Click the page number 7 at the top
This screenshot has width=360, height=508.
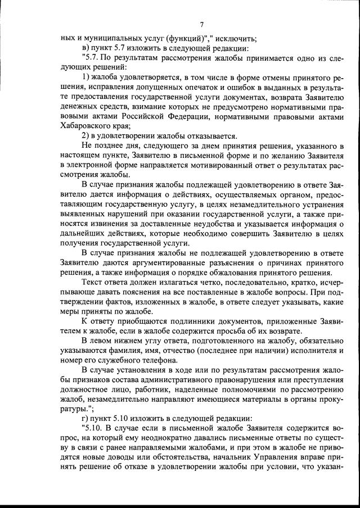tap(201, 24)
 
